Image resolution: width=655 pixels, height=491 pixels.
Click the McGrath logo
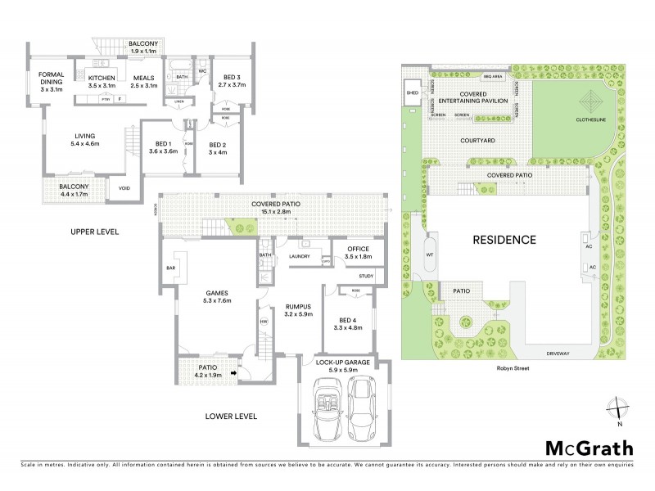(589, 448)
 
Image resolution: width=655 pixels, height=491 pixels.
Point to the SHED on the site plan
(412, 93)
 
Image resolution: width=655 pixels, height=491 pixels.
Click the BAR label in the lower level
(170, 268)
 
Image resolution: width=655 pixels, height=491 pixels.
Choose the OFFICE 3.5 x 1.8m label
(358, 253)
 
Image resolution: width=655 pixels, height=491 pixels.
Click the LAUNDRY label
(300, 256)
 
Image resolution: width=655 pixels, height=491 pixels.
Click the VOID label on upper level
(124, 188)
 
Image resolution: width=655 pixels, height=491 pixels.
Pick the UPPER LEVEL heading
(96, 232)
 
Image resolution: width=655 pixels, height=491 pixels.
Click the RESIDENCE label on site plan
(504, 240)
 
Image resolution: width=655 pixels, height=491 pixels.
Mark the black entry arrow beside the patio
(234, 373)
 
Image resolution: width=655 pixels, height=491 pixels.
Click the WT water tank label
(428, 255)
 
